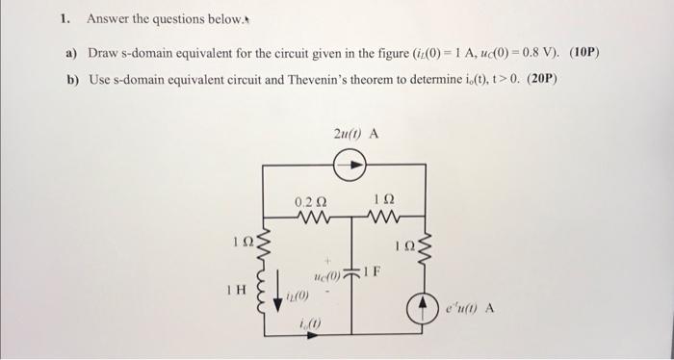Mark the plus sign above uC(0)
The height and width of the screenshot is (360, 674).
click(329, 260)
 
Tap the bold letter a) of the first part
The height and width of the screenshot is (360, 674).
click(71, 51)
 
